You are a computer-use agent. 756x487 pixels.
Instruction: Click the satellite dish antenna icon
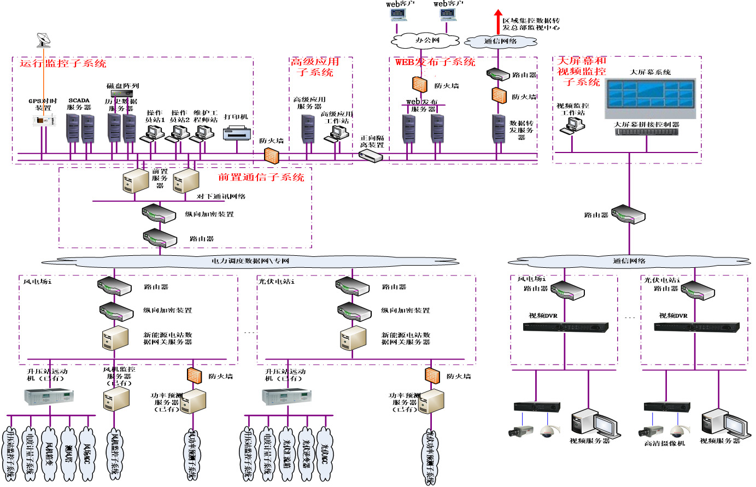44,40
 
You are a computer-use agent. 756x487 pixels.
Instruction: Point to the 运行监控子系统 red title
63,63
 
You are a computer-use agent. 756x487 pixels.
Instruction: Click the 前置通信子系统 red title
261,177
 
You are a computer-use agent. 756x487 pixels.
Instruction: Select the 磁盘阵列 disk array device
122,93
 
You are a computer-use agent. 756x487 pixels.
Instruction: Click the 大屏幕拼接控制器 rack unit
647,132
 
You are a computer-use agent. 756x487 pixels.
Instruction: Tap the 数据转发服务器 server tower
498,129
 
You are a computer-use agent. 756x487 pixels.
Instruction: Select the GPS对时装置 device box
43,121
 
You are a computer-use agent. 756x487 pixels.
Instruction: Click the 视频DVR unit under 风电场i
565,327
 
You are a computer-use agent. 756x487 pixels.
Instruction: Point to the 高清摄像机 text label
664,443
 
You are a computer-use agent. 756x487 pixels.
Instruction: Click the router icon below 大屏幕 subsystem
629,214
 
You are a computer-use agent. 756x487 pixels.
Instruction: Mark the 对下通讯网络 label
221,197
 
